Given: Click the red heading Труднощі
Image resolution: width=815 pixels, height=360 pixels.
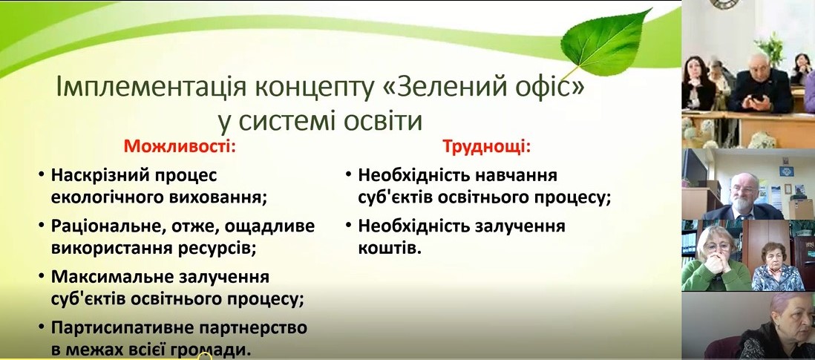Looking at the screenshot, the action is (486, 147).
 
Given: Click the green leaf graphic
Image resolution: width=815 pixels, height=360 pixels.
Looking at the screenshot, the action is (606, 42).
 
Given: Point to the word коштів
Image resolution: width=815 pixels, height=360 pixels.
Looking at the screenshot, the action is (389, 249).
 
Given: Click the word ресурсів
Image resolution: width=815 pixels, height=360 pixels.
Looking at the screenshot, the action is (217, 249).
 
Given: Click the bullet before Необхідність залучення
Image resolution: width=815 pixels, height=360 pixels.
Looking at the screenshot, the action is (347, 226).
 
